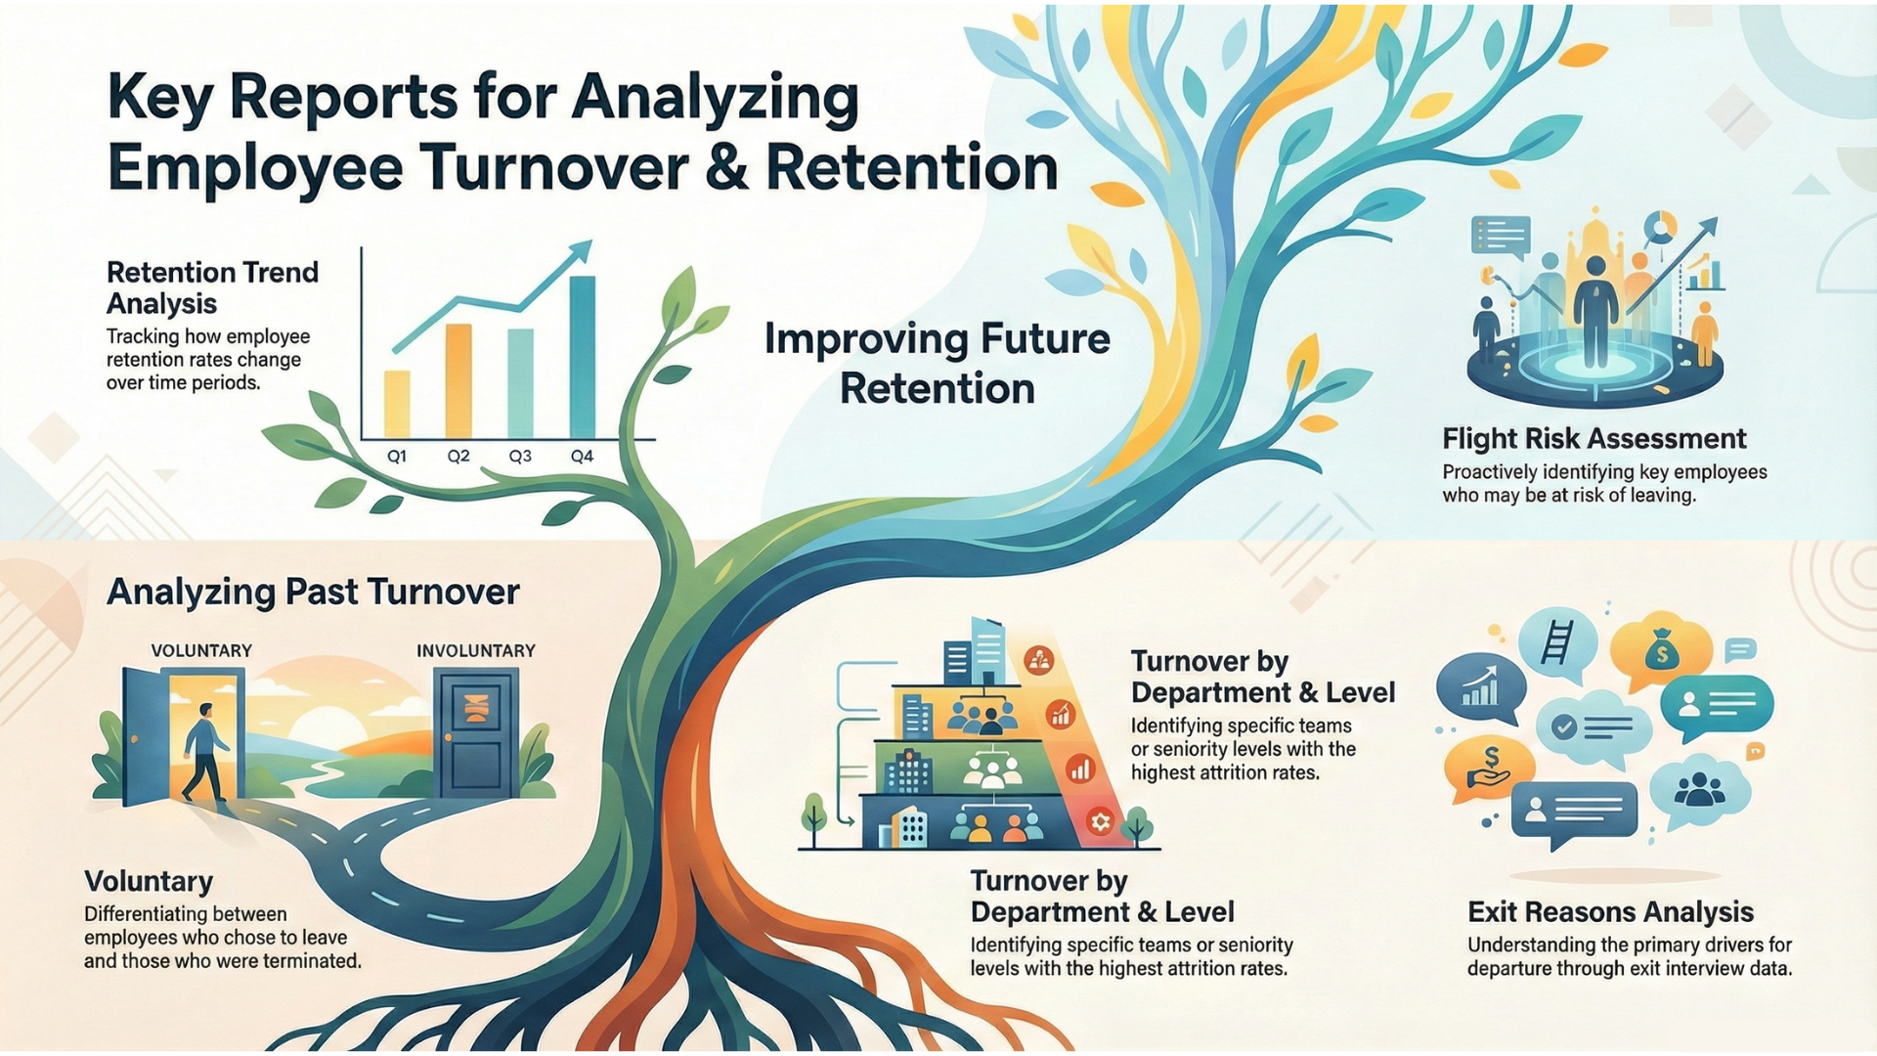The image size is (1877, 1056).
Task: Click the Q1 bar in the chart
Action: tap(397, 404)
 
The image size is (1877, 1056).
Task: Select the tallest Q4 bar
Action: tap(582, 357)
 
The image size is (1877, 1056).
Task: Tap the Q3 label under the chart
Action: tap(520, 457)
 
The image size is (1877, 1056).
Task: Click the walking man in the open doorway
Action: tap(206, 751)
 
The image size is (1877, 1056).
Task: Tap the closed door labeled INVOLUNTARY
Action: tap(476, 735)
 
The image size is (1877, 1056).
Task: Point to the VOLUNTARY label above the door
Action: tap(201, 650)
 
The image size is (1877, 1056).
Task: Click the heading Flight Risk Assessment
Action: tap(1593, 438)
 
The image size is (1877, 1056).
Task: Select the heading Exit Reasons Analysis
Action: tap(1610, 911)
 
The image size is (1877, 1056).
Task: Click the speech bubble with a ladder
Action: tap(1557, 643)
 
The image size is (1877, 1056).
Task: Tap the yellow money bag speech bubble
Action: tap(1661, 651)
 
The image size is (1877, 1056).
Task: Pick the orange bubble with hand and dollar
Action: tap(1489, 768)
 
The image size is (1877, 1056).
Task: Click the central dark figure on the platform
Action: tap(1593, 311)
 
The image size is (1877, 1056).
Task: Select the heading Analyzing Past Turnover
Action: tap(313, 592)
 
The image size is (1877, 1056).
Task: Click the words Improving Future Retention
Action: tap(937, 363)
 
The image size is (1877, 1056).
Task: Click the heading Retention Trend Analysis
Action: tap(212, 286)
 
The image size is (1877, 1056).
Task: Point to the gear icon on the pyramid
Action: tap(1100, 821)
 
